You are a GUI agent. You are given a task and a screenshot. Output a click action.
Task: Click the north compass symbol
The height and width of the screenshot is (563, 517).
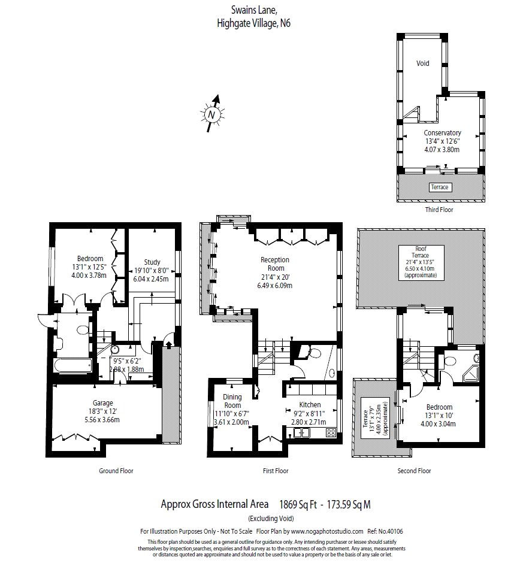(211, 113)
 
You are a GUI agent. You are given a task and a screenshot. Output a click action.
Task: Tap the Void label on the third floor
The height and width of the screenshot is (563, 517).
(423, 63)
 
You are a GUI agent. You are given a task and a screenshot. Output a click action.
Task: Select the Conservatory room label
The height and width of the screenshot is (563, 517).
(442, 133)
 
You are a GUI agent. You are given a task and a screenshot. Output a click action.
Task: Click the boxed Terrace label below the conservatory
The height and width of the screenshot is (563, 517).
(439, 187)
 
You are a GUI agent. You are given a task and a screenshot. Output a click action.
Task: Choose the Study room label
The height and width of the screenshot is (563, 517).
(152, 262)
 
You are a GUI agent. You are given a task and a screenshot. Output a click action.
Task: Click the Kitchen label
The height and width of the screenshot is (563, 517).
(310, 405)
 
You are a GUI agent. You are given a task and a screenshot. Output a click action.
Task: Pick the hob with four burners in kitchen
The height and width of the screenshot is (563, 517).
(331, 432)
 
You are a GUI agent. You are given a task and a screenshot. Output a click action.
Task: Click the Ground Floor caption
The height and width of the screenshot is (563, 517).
(116, 471)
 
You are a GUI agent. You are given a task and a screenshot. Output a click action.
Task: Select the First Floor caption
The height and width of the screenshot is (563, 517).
(276, 471)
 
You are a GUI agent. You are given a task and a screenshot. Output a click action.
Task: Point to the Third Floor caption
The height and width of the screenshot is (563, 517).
(439, 210)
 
